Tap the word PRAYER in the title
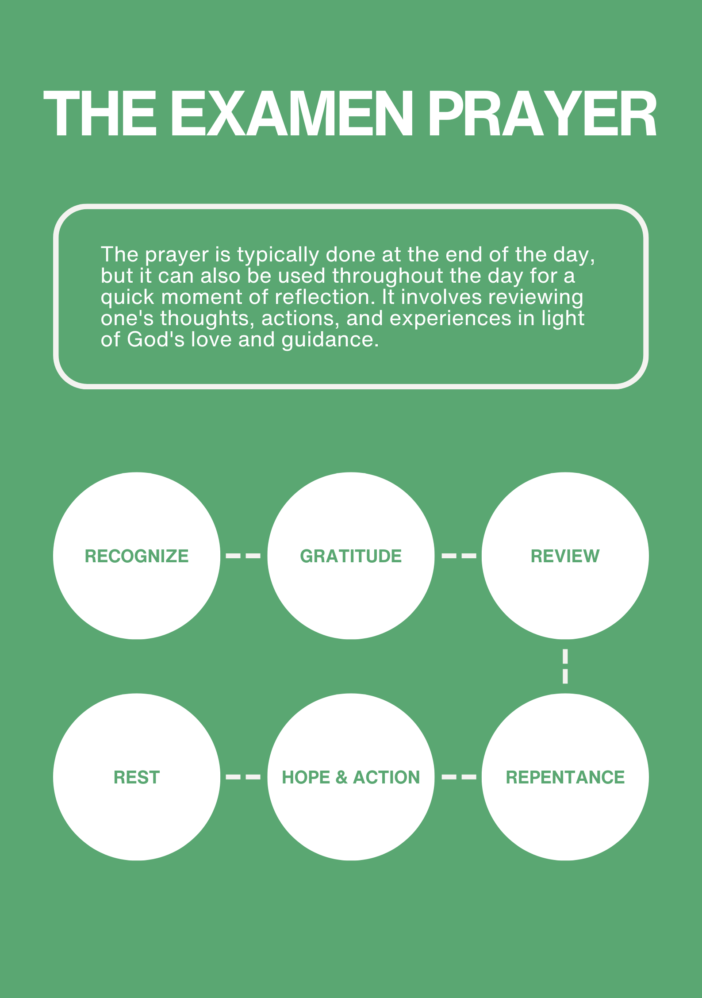542,114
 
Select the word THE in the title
100,114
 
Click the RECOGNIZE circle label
137,556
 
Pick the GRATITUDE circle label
351,556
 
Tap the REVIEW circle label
565,556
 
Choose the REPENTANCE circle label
565,777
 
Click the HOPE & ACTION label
351,777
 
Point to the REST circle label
137,777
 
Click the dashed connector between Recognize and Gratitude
243,556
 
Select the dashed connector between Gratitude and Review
459,556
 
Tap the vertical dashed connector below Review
565,666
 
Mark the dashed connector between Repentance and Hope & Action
459,777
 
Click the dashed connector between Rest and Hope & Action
243,777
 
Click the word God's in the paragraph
155,340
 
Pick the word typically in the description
278,255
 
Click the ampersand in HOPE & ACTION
341,777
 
